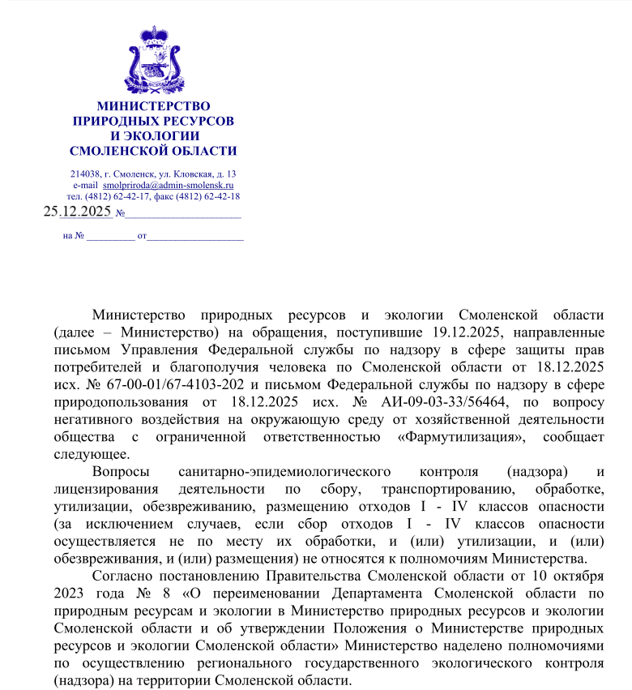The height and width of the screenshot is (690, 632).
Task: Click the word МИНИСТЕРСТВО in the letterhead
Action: click(x=153, y=106)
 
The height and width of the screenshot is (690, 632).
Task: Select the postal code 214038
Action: click(x=85, y=174)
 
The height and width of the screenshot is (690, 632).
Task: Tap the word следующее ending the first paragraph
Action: click(x=91, y=453)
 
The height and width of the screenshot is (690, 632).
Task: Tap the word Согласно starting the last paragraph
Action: click(x=122, y=576)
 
